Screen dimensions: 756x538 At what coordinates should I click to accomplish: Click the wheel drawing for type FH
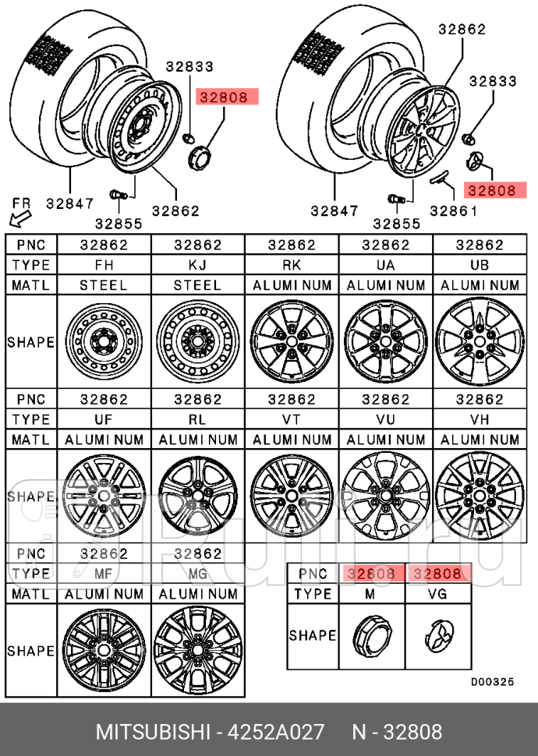pyautogui.click(x=104, y=342)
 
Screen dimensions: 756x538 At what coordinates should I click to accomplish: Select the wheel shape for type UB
pyautogui.click(x=480, y=342)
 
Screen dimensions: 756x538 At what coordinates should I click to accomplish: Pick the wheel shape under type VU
pyautogui.click(x=385, y=496)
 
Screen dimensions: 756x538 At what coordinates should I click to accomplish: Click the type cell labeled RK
pyautogui.click(x=292, y=265)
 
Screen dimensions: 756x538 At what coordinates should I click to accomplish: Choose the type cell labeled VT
pyautogui.click(x=292, y=419)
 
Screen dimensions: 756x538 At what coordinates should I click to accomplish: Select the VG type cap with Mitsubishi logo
pyautogui.click(x=438, y=635)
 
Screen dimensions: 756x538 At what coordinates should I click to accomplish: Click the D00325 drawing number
pyautogui.click(x=492, y=681)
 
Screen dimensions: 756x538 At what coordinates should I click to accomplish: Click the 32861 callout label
pyautogui.click(x=454, y=210)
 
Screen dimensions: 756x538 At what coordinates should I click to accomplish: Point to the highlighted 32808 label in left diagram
pyautogui.click(x=223, y=98)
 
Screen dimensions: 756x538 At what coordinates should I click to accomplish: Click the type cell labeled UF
pyautogui.click(x=104, y=419)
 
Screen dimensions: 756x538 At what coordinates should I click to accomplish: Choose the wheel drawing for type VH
pyautogui.click(x=480, y=496)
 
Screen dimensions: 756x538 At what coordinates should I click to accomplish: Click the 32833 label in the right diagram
pyautogui.click(x=493, y=80)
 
